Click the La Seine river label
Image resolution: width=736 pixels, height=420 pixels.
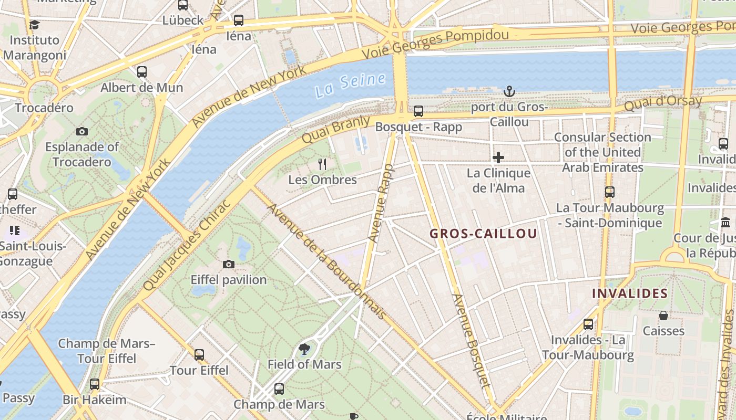click(351, 85)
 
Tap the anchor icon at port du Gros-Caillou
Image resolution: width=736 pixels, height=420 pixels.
click(508, 92)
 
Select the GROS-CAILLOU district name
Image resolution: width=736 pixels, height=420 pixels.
click(483, 234)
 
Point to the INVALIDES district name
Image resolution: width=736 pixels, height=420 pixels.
click(630, 293)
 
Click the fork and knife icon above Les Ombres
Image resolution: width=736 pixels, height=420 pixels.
click(322, 164)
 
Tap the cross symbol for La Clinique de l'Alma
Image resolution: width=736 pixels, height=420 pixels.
click(498, 157)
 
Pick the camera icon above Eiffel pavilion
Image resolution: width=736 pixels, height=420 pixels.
click(229, 264)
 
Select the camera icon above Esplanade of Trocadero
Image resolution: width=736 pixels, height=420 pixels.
click(81, 131)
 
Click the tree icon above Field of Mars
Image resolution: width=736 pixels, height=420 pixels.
click(304, 349)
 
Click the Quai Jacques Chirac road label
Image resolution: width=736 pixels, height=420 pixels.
click(187, 245)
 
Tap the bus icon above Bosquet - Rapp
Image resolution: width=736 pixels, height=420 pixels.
click(418, 111)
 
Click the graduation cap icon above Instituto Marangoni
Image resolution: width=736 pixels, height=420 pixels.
click(34, 25)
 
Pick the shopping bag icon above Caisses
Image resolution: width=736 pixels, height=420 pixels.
click(663, 316)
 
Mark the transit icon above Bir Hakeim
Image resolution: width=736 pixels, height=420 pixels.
click(95, 384)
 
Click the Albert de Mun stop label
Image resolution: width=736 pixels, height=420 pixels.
click(142, 87)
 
